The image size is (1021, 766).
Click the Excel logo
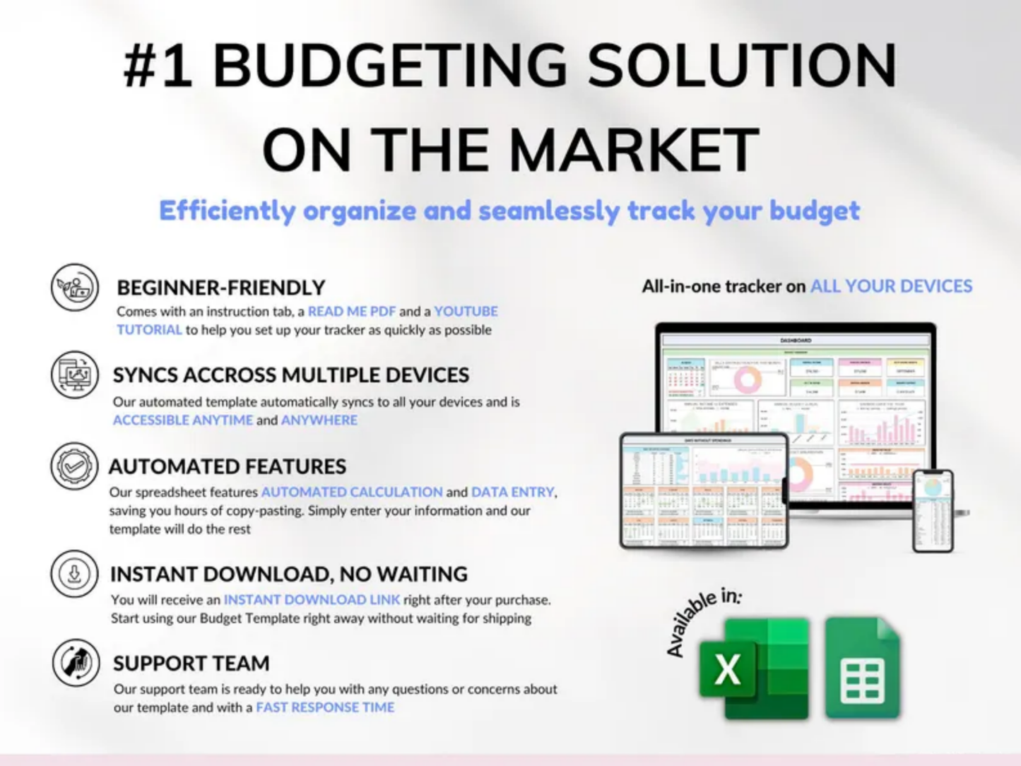click(753, 668)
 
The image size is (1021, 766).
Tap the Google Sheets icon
click(863, 668)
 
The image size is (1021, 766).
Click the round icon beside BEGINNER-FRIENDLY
click(74, 288)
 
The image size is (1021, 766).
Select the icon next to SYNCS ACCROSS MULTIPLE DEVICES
click(74, 375)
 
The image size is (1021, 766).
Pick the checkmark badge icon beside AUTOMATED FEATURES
click(74, 466)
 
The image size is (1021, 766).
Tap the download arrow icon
click(74, 574)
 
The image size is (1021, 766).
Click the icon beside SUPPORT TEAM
click(76, 663)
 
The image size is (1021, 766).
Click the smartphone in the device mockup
click(933, 510)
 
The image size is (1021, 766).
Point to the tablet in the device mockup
click(704, 490)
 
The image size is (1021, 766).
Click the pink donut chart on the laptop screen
click(747, 379)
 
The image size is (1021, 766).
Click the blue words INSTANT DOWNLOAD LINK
click(312, 600)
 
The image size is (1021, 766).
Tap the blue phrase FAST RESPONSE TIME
click(325, 707)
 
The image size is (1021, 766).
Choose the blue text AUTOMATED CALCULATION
click(352, 492)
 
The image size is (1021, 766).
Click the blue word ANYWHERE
click(319, 420)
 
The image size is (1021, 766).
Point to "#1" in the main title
click(157, 66)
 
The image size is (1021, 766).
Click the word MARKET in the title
click(634, 150)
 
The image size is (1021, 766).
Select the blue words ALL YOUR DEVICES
click(891, 286)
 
